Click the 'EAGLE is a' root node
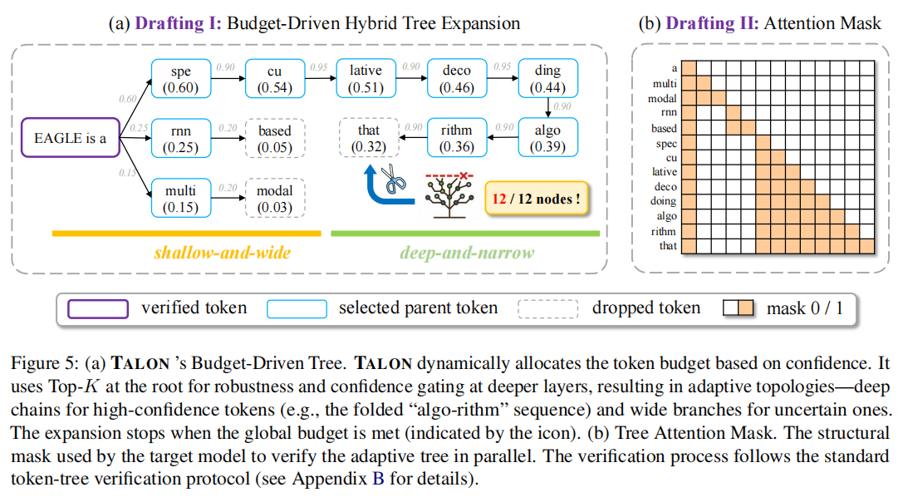pos(70,139)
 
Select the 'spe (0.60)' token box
pos(180,79)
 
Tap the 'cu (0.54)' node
pos(274,79)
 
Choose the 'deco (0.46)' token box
pos(456,79)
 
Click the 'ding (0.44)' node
pos(547,79)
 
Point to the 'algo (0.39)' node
pos(547,138)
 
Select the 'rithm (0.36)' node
pos(456,138)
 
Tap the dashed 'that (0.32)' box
pos(369,138)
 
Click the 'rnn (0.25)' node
pos(180,139)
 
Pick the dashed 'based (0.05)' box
pos(274,139)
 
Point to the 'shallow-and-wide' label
pos(222,252)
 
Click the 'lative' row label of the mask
pos(665,172)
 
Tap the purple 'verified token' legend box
pos(97,308)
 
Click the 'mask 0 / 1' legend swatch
pos(739,308)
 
